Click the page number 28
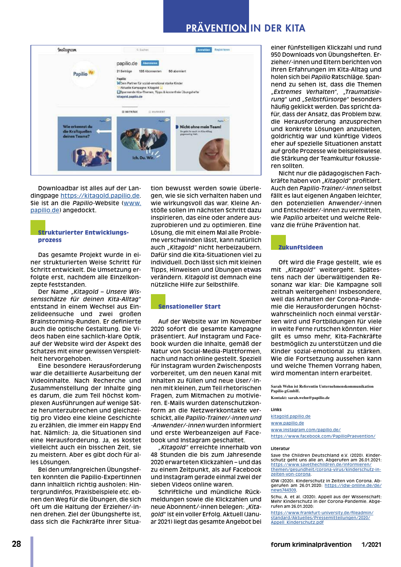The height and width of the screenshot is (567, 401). point(16,544)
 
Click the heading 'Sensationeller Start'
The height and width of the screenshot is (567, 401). point(189,307)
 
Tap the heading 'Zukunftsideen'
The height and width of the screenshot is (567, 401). point(301,247)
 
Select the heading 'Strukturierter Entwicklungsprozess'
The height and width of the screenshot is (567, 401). point(83,236)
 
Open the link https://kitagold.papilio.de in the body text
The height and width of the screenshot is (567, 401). point(100,196)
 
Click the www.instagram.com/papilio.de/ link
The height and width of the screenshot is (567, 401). point(305,430)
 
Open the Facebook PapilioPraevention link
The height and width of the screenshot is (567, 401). point(323,436)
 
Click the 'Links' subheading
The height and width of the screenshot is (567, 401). point(276,409)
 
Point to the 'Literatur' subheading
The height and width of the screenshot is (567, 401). point(280,448)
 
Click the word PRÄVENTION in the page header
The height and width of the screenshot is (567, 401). point(216,28)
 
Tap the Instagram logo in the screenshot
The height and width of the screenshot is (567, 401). point(67,50)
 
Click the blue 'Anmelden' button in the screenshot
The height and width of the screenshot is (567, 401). point(204,50)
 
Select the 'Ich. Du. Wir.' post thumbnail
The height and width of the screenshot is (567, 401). point(143,143)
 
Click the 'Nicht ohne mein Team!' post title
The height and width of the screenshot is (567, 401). point(200,127)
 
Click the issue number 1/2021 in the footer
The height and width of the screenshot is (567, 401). point(371,544)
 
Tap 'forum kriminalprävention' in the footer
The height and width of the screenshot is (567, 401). point(311,544)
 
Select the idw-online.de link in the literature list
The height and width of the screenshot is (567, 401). point(353,485)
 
